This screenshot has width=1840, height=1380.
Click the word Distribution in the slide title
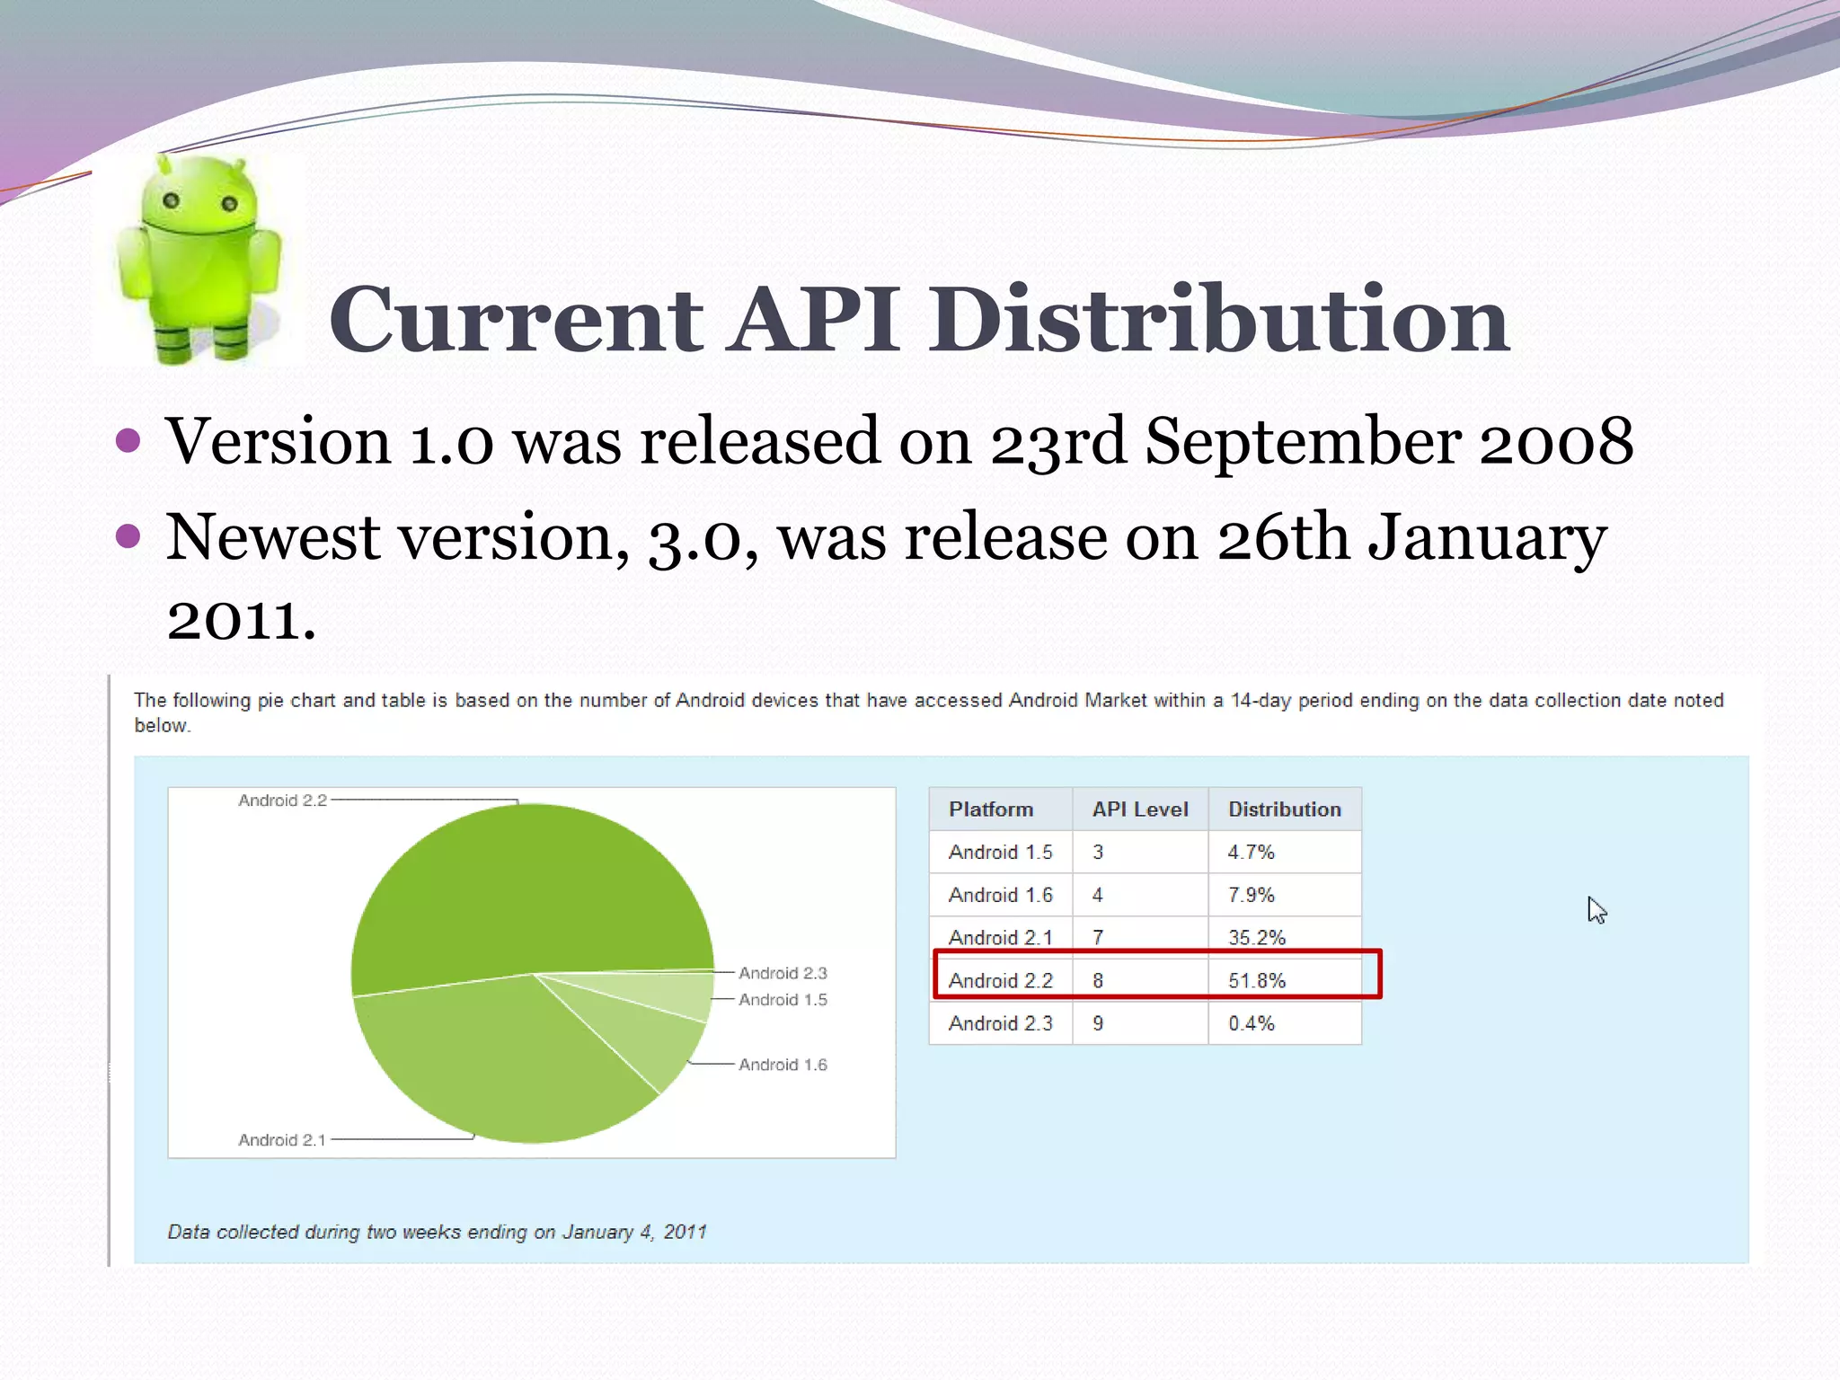click(x=1218, y=319)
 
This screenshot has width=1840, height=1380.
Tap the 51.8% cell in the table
click(x=1256, y=980)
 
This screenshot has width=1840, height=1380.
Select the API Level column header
click(x=1139, y=809)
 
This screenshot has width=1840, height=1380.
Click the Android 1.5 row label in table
click(x=1000, y=852)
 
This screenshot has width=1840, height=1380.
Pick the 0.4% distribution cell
click(x=1251, y=1023)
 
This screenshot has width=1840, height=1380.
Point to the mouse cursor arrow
click(x=1595, y=909)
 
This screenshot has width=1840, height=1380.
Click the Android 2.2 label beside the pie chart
click(x=282, y=801)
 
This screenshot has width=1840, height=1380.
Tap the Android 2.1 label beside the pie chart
click(x=281, y=1140)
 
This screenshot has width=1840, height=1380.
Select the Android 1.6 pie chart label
click(x=782, y=1065)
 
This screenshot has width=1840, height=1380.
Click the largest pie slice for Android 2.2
click(x=530, y=889)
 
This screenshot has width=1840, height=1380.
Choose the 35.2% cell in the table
click(x=1256, y=937)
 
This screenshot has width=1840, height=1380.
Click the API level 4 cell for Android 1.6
click(x=1097, y=895)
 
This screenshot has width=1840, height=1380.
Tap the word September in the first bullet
click(x=1303, y=442)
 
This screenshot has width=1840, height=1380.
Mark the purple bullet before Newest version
click(x=128, y=536)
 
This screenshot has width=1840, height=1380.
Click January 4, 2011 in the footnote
click(x=633, y=1232)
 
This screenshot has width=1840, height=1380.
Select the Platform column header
click(x=990, y=809)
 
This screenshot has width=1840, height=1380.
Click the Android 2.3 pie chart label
click(x=782, y=973)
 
